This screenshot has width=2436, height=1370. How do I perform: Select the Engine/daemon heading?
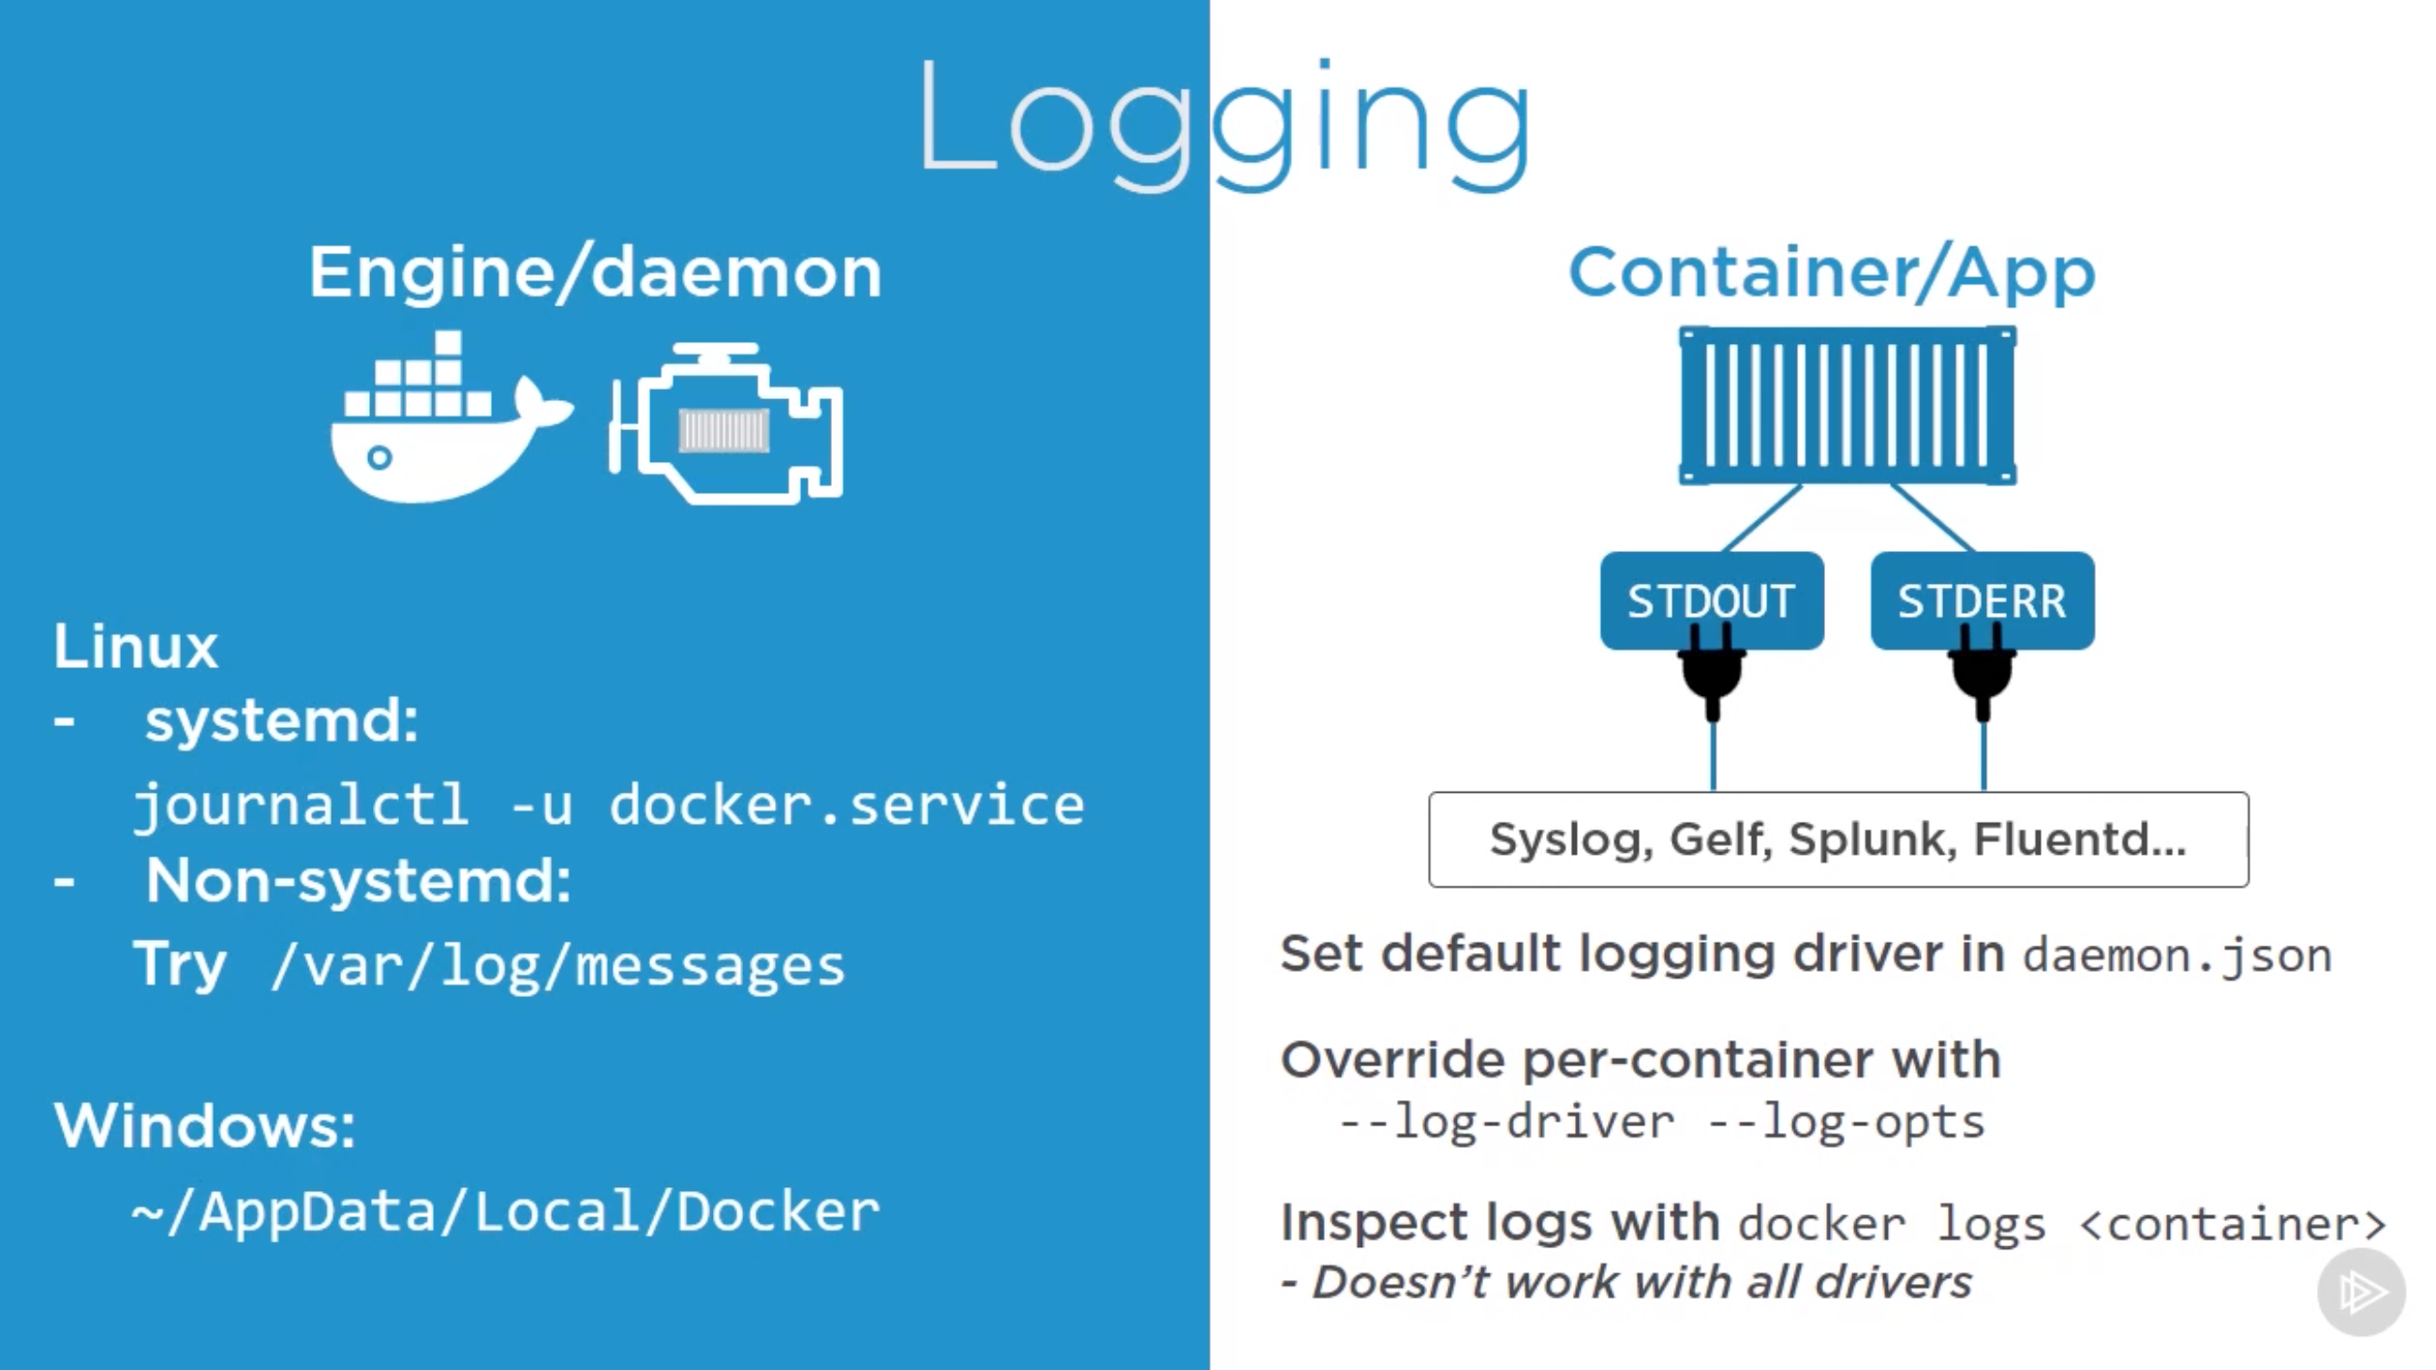point(595,273)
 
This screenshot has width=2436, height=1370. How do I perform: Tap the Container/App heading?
point(1832,273)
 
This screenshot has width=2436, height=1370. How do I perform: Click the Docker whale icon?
point(444,425)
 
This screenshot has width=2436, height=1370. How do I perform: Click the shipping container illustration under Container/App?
point(1847,406)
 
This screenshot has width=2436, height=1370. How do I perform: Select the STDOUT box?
point(1711,600)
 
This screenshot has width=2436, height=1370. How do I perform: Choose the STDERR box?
point(1982,600)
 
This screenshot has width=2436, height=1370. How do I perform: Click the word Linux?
point(135,647)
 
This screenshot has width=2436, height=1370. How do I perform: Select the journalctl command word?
point(301,806)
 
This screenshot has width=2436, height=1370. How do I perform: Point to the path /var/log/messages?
point(557,966)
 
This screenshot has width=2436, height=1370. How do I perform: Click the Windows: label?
point(204,1125)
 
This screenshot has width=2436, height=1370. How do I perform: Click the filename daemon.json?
point(2176,956)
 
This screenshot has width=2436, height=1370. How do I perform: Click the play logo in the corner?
point(2361,1291)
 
